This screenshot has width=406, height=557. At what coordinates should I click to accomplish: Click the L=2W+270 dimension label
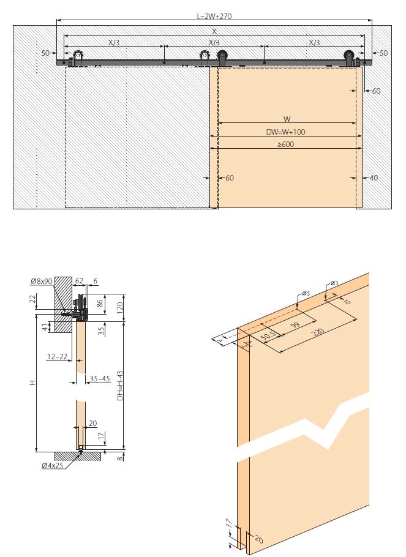point(214,16)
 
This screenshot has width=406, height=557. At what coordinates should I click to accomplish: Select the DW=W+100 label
point(285,132)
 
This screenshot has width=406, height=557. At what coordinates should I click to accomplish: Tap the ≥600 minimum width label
point(286,144)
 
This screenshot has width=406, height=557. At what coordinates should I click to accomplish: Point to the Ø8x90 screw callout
point(42,282)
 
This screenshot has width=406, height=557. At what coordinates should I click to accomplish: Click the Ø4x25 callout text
point(52,465)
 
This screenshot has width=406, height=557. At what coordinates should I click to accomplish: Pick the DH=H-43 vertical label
point(120,386)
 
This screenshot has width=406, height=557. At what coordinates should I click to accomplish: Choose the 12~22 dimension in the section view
point(57,356)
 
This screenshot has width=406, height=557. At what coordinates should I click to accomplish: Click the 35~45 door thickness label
point(100,379)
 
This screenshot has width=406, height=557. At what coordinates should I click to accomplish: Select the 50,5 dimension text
point(269,335)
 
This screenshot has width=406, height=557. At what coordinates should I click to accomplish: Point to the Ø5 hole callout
point(306,293)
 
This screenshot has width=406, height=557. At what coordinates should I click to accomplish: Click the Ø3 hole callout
point(334,283)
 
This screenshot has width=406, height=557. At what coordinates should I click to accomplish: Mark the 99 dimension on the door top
point(295,324)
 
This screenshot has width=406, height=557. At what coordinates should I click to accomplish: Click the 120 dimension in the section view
point(120,306)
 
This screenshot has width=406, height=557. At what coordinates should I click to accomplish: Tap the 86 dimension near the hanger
point(100,304)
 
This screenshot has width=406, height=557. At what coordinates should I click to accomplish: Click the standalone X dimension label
point(214,32)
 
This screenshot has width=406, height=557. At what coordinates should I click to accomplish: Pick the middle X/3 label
point(214,43)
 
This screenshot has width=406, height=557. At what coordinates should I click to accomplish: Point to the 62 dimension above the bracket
point(79,281)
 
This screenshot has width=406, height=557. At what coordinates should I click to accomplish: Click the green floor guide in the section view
point(81,450)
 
